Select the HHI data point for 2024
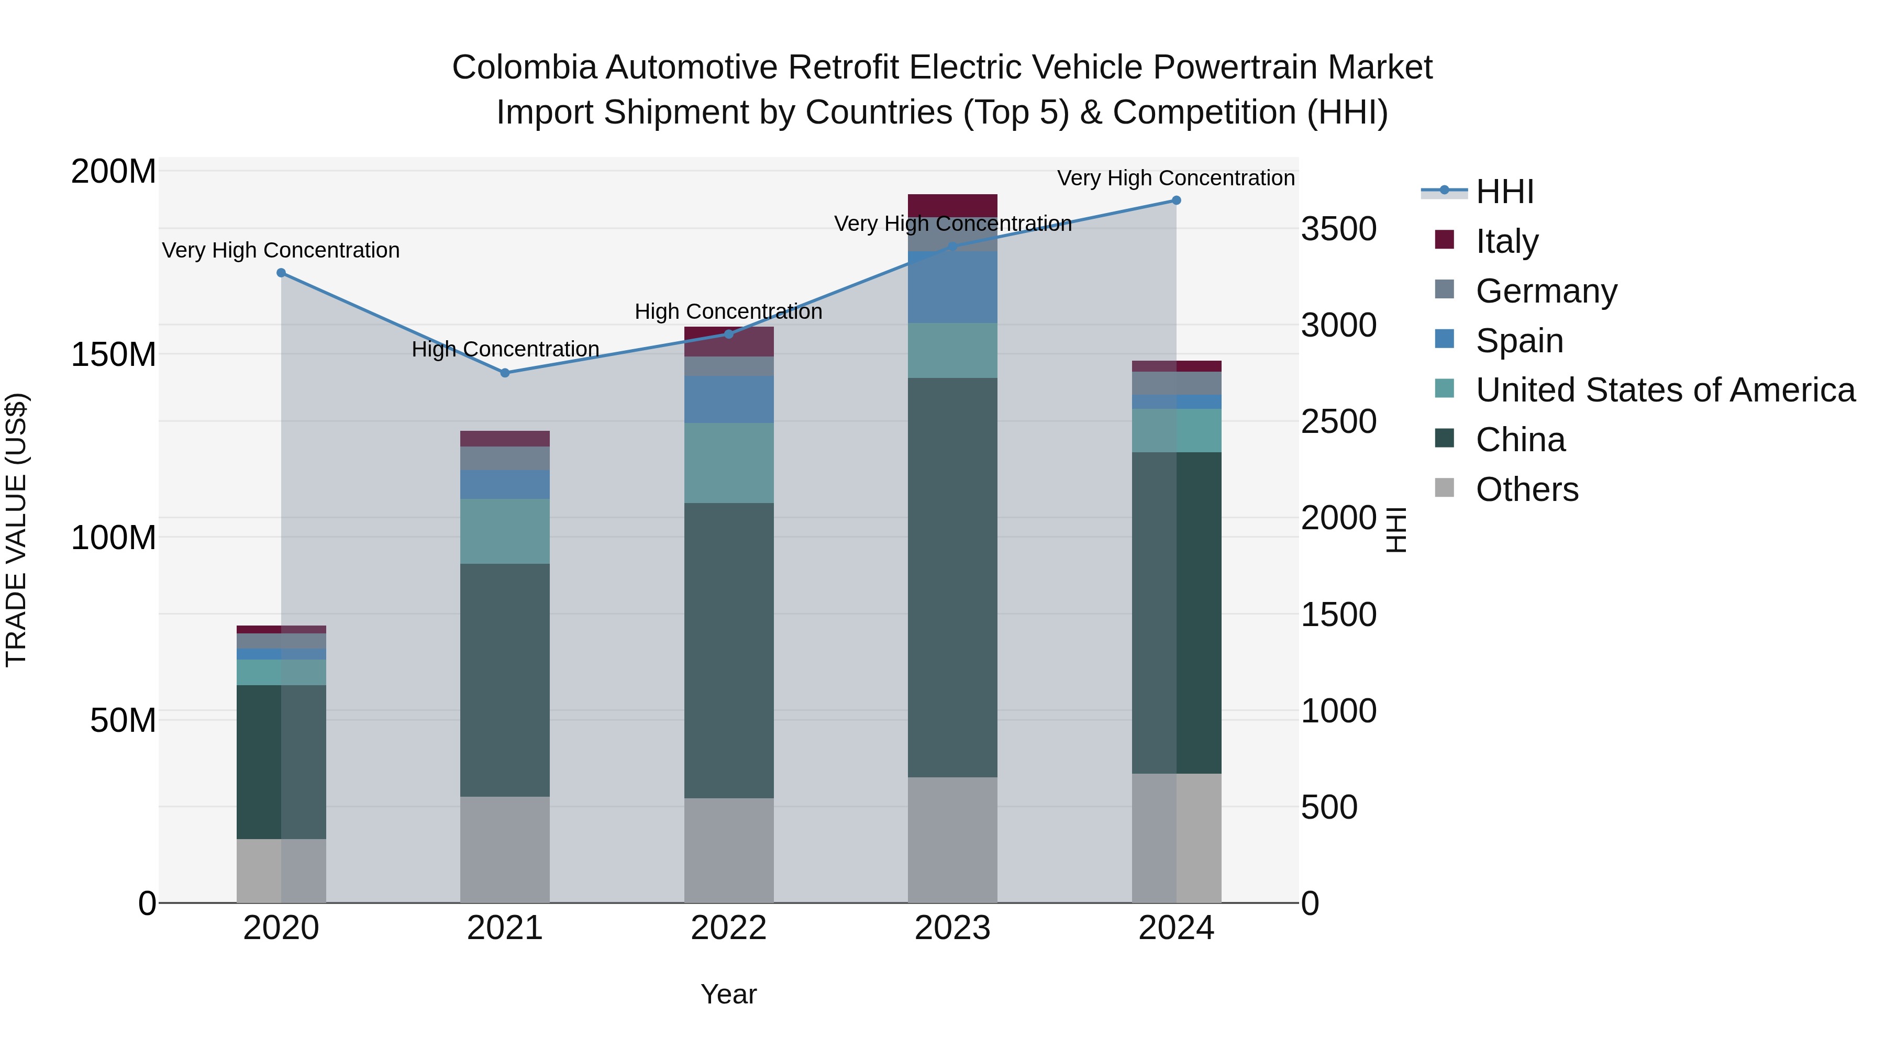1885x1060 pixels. pos(1176,200)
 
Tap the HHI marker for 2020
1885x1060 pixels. pos(281,273)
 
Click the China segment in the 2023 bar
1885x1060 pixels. pos(952,577)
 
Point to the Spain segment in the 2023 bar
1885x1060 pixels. pos(952,287)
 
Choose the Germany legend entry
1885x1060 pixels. pos(1546,291)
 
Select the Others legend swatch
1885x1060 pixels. pos(1445,488)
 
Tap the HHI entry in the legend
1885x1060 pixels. pos(1504,192)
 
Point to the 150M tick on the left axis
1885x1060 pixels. pos(114,355)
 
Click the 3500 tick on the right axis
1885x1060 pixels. pos(1338,229)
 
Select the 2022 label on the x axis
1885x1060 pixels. pos(728,928)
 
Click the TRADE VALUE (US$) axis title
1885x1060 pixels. pos(16,530)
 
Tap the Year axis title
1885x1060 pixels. pos(728,994)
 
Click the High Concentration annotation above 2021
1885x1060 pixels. pos(505,349)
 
